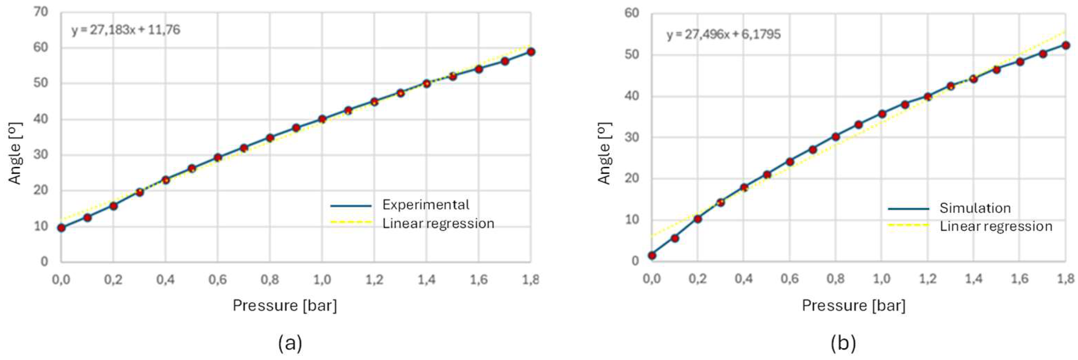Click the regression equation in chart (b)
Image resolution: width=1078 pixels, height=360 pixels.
723,34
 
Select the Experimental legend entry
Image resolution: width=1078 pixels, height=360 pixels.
425,205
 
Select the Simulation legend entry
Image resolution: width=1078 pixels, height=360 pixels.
975,208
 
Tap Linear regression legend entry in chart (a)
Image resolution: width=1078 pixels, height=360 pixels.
438,223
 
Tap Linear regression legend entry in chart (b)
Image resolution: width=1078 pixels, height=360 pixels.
996,226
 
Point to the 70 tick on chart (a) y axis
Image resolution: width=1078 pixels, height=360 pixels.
41,12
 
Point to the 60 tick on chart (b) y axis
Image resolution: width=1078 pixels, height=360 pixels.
632,13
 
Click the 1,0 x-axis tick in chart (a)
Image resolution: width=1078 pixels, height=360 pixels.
322,280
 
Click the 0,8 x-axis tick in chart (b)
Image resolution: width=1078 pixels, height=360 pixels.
835,279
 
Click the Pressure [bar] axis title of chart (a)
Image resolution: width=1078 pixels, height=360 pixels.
285,306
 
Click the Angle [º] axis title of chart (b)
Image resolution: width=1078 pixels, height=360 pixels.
605,153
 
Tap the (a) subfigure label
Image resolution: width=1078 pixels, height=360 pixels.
289,343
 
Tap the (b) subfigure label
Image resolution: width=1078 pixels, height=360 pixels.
843,343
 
